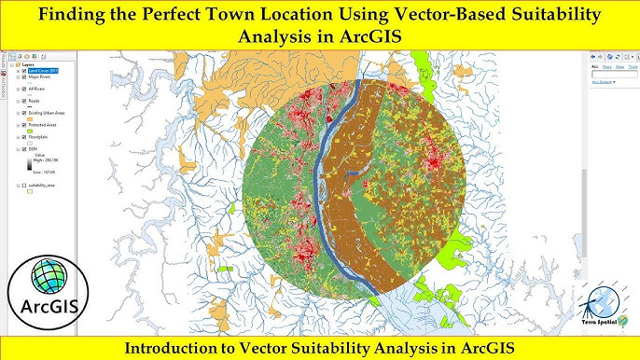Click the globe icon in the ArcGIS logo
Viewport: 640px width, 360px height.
click(47, 277)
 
